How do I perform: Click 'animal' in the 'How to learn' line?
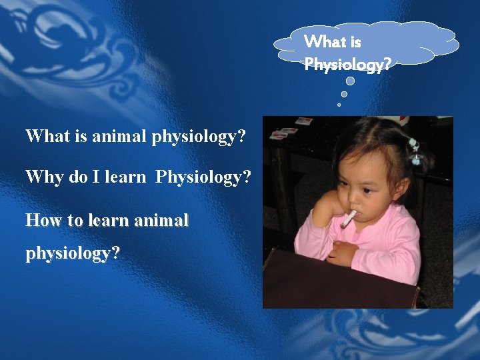pos(162,220)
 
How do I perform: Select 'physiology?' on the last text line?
pos(73,254)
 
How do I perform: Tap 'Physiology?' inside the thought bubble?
pos(347,65)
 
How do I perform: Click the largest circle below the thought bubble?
pos(350,81)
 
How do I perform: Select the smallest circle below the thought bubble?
pos(339,105)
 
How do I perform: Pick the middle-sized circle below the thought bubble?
pos(344,95)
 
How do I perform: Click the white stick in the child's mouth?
pos(349,218)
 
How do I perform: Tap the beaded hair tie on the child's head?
pos(415,151)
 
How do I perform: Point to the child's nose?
pos(353,191)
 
